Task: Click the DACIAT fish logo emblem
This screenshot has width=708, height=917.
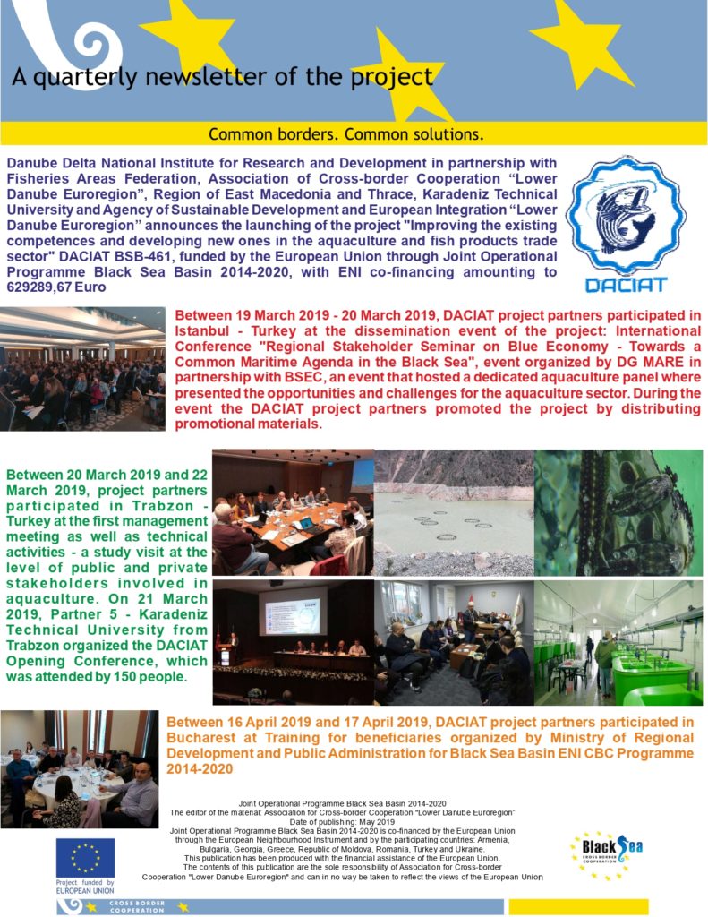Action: coord(626,215)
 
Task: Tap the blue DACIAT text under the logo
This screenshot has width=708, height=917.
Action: coord(626,284)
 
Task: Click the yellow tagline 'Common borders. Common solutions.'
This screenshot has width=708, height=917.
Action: coord(345,134)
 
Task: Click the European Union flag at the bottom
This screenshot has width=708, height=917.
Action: coord(85,857)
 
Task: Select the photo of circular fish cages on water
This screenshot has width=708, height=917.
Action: coord(453,511)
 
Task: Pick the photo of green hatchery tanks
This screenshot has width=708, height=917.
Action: coord(618,642)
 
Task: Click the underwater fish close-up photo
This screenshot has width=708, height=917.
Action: coord(618,511)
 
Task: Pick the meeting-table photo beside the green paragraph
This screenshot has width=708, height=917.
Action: coord(292,511)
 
